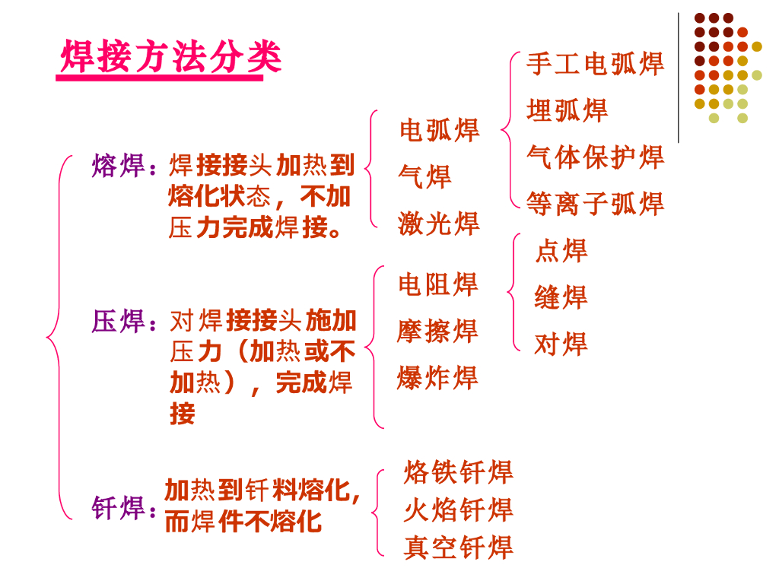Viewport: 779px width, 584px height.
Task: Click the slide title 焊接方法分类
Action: pos(171,57)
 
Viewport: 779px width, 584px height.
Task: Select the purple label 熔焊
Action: pos(119,165)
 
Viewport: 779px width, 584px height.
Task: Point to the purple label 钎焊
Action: pos(119,508)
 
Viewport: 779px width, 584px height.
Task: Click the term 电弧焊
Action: pos(440,130)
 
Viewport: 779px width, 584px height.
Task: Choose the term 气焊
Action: pos(425,176)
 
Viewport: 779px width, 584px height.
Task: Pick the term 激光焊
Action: pos(440,224)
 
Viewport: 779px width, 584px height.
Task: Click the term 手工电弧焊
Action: pos(595,64)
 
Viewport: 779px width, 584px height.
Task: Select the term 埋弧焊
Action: pos(568,111)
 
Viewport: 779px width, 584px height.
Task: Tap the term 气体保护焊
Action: pos(595,157)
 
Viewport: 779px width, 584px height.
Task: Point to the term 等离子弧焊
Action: pos(595,204)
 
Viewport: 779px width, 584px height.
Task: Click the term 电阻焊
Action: pos(438,284)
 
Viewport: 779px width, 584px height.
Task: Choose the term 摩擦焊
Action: pos(438,332)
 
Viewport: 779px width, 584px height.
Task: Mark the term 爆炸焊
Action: pos(438,378)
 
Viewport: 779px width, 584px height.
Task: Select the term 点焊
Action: pos(561,250)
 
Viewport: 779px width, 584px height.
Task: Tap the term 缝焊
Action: pos(561,297)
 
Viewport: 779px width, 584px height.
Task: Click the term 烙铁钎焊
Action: pos(459,472)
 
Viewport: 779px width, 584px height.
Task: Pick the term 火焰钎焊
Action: pos(459,509)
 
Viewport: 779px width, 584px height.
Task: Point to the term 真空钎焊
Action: pos(459,547)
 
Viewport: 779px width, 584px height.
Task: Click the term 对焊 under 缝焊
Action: pos(561,344)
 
